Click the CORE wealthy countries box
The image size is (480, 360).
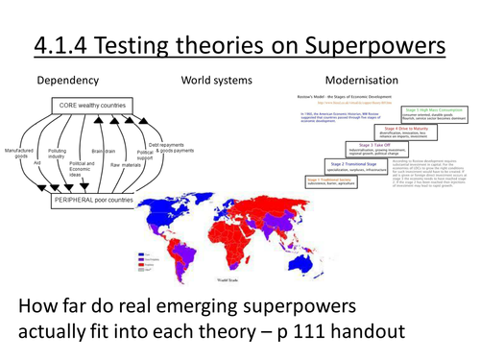[x=94, y=105]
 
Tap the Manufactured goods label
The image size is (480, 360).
[x=19, y=155]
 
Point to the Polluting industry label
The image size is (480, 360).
[x=58, y=155]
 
